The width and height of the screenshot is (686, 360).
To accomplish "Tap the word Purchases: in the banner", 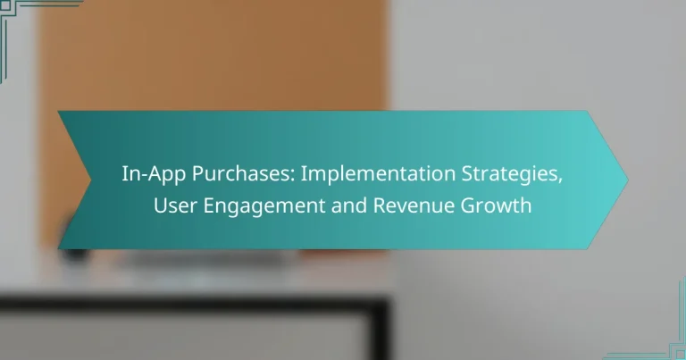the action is click(243, 173).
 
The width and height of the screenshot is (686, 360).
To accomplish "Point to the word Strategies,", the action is click(513, 173).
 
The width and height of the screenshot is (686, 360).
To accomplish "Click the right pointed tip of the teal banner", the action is click(628, 180).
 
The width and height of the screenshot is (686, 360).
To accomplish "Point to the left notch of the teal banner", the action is click(91, 180).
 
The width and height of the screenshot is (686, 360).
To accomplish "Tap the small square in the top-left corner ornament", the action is click(5, 5).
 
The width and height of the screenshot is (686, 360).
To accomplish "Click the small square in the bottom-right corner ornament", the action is click(681, 355).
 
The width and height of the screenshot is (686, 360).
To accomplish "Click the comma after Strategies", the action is click(560, 180).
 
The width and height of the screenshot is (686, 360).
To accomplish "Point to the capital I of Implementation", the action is click(303, 173).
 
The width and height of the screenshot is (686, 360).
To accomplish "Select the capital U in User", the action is click(160, 205).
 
